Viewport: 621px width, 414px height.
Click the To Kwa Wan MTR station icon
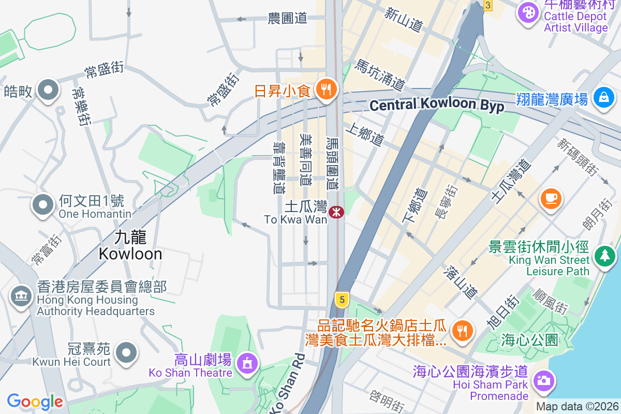click(336, 212)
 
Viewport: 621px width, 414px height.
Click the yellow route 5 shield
click(341, 299)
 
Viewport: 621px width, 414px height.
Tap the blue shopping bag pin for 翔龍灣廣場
click(603, 97)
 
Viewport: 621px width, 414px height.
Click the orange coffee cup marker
click(550, 198)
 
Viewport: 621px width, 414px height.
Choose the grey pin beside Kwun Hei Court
click(126, 353)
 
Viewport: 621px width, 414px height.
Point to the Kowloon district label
click(130, 246)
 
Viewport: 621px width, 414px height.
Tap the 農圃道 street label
click(288, 19)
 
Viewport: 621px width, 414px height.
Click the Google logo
click(35, 401)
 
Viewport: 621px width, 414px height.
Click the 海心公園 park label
click(529, 340)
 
